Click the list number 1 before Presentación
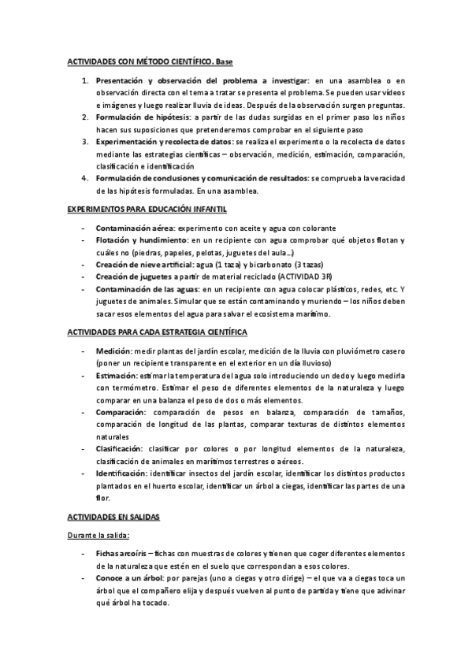[85, 80]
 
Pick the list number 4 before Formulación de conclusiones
[85, 179]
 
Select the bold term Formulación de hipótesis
[140, 117]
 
